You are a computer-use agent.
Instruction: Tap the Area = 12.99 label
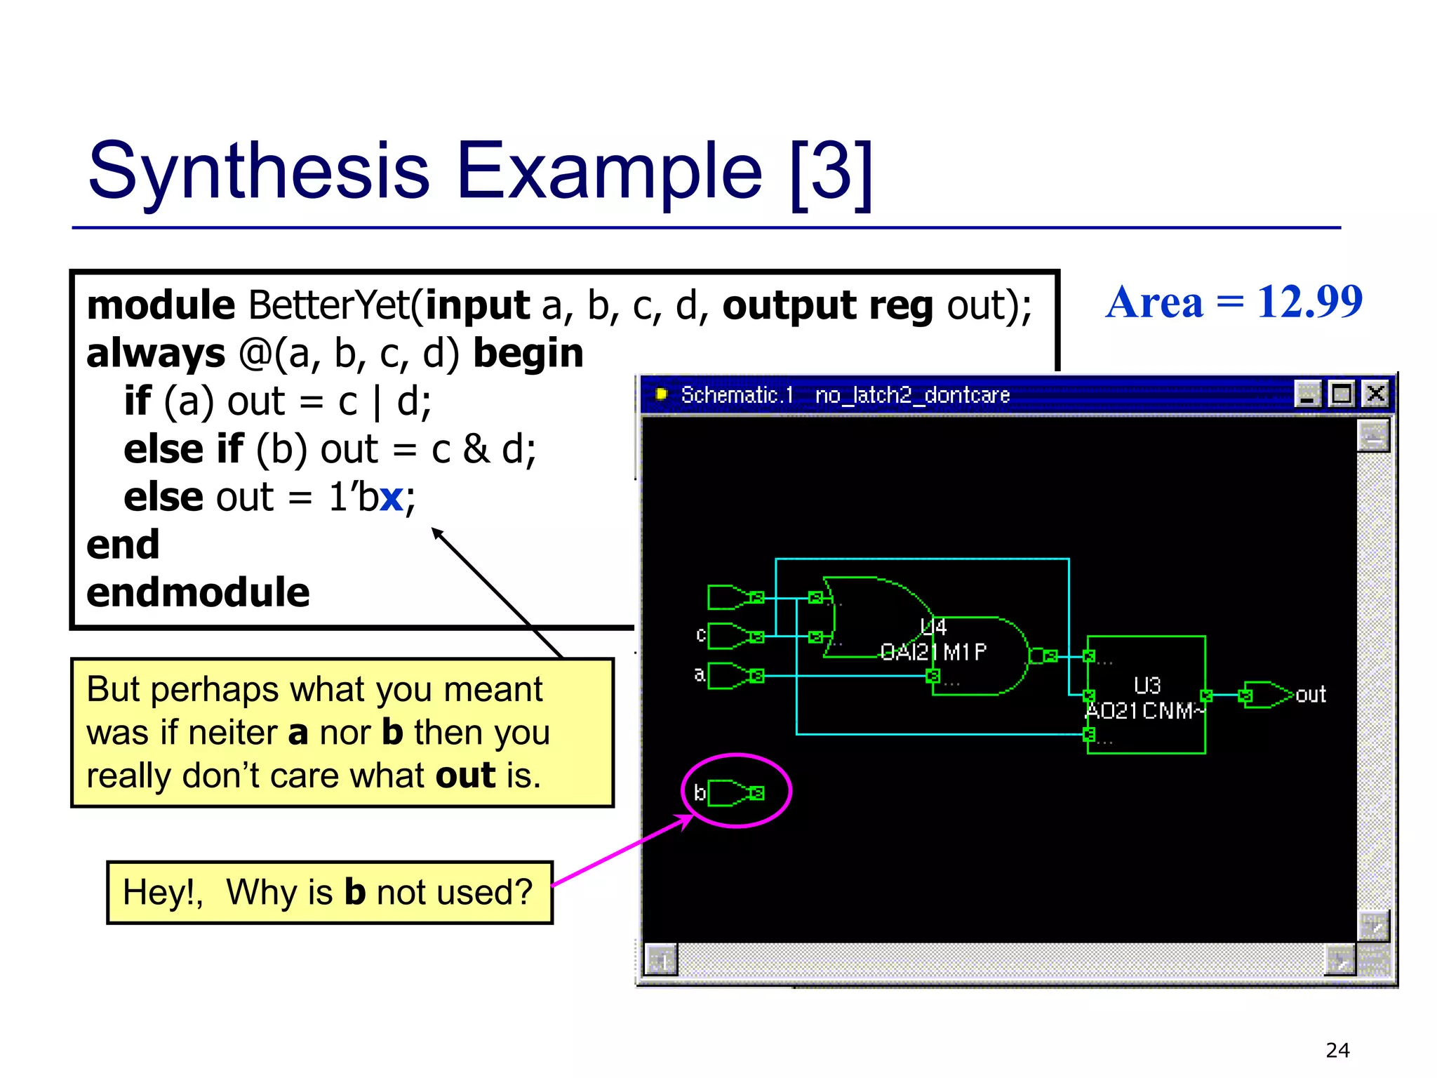coord(1234,302)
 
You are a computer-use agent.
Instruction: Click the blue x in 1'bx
coord(391,498)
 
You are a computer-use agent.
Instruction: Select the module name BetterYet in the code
coord(328,305)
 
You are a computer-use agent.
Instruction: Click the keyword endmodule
coord(198,592)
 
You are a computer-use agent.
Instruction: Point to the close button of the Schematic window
coord(1375,394)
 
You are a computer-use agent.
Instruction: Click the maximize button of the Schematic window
coord(1342,394)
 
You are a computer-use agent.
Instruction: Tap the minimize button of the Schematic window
coord(1307,394)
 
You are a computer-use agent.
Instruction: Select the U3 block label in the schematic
coord(1147,685)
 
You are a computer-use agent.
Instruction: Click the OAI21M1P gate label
coord(933,653)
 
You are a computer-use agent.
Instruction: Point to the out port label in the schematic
coord(1310,695)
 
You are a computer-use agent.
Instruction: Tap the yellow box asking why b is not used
coord(329,893)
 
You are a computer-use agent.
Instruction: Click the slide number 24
coord(1337,1050)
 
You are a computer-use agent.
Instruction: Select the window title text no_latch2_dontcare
coord(911,395)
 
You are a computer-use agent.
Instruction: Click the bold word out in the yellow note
coord(465,776)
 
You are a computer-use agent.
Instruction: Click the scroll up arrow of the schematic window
coord(1372,436)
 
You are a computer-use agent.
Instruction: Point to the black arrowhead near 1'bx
coord(436,533)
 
